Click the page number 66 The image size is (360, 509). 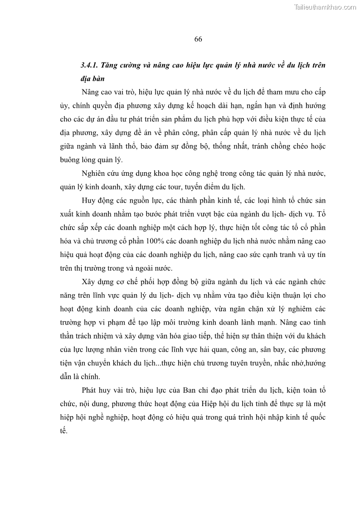coord(198,39)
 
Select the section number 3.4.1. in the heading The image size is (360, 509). coord(90,65)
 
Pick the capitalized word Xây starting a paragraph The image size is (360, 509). coord(89,281)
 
